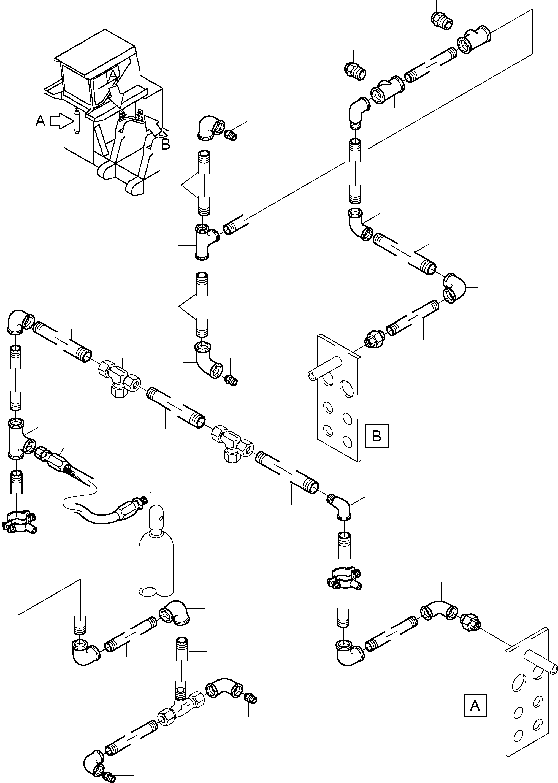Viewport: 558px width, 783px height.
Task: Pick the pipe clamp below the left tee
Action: tap(19, 522)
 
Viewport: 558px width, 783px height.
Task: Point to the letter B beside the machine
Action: tap(166, 145)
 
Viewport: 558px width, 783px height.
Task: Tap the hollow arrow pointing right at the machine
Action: tap(59, 121)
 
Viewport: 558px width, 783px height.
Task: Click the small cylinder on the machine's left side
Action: tap(77, 120)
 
